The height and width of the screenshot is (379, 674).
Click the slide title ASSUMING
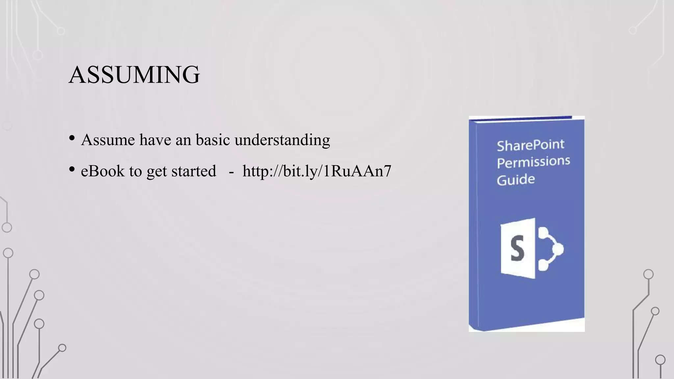coord(134,75)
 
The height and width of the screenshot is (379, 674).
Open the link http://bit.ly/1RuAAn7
coord(317,171)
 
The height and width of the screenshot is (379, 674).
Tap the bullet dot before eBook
coord(72,169)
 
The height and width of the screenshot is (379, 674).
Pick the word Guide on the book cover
coord(515,180)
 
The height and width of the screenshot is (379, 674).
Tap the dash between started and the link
coord(231,172)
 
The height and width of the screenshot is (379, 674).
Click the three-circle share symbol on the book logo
coord(550,248)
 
